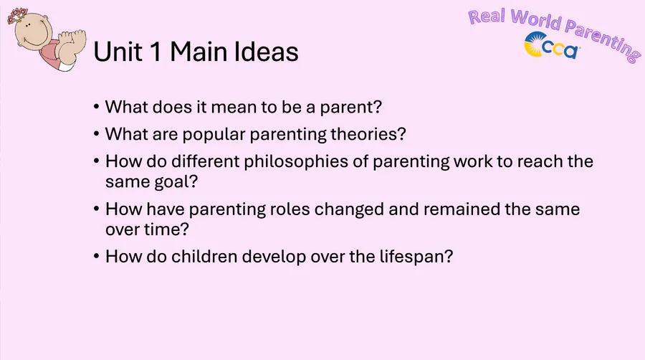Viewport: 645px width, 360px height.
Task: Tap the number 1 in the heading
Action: point(156,52)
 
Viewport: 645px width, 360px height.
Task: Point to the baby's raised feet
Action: point(72,40)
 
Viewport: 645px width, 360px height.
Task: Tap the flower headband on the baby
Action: point(17,16)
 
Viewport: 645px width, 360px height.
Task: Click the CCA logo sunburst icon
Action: point(533,44)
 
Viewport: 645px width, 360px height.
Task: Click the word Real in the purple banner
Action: point(487,16)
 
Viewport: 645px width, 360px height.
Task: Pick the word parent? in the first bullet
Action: point(351,108)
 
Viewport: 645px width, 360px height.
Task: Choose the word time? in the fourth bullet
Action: point(166,229)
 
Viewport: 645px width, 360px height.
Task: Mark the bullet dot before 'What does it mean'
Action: point(96,108)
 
